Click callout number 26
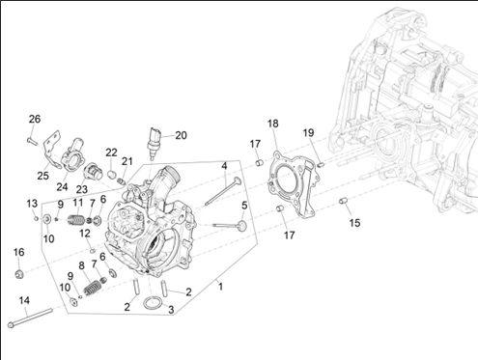tap(35, 119)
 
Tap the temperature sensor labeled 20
tap(154, 144)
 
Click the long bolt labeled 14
tap(29, 318)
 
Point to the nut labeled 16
tap(19, 274)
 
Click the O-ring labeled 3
tap(153, 303)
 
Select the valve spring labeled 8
tap(93, 288)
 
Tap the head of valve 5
tap(242, 225)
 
